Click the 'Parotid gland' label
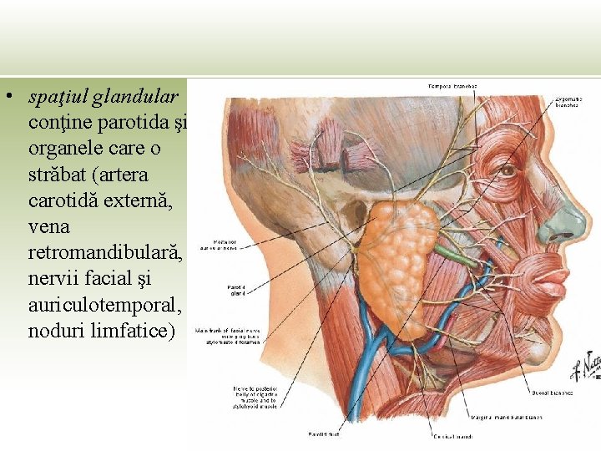tap(237, 291)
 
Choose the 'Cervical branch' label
tap(451, 436)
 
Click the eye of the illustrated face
tap(506, 171)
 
